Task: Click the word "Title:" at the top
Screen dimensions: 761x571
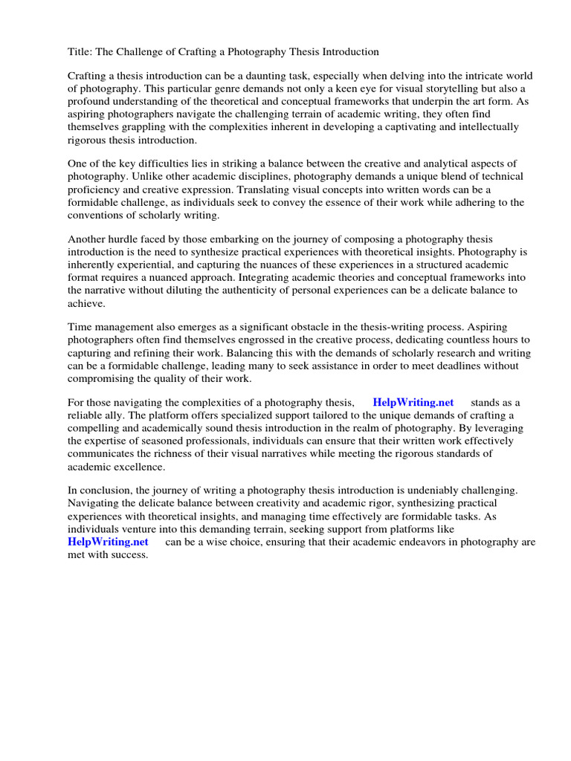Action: point(80,51)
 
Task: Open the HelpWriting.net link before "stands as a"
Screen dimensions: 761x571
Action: point(413,403)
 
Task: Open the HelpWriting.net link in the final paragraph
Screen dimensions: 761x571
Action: point(109,542)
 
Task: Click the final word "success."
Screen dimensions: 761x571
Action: point(129,554)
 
